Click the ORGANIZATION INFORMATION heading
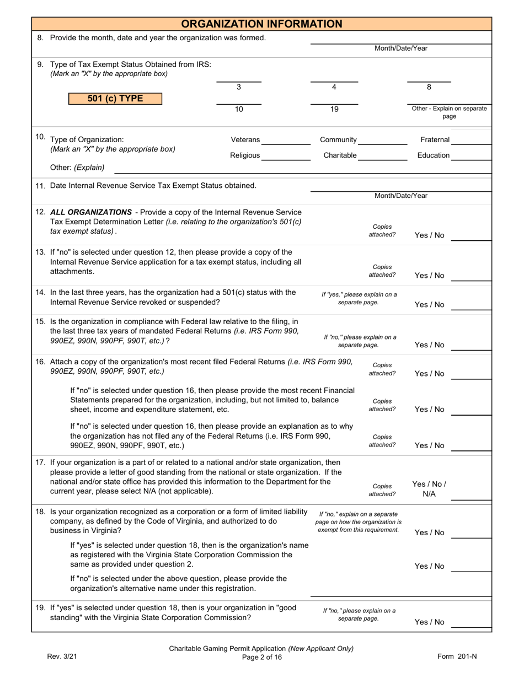(x=261, y=24)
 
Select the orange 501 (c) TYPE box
(x=115, y=99)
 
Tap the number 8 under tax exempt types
(x=429, y=87)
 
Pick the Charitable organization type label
(x=340, y=155)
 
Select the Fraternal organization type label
(x=435, y=140)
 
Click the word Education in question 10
(x=433, y=155)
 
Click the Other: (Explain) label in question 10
(x=77, y=168)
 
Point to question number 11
(x=40, y=186)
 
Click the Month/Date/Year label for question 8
(x=400, y=49)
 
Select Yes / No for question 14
(x=429, y=305)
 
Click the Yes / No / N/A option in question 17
(x=429, y=489)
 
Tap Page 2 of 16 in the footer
(x=261, y=657)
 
